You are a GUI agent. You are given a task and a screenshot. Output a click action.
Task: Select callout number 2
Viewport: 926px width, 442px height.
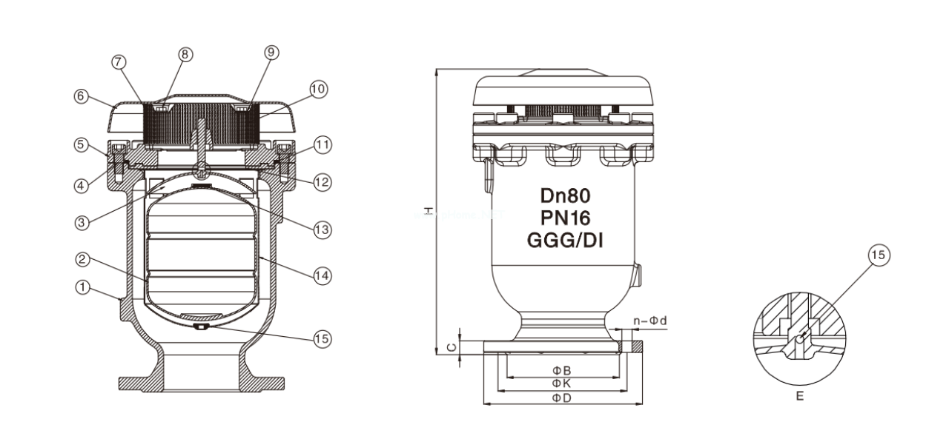tap(84, 260)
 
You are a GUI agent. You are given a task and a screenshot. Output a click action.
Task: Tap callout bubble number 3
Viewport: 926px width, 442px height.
tap(84, 221)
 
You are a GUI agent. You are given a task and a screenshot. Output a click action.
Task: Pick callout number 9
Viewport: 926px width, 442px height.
tap(271, 52)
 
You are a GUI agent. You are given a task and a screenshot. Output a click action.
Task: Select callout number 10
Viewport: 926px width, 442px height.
tap(318, 89)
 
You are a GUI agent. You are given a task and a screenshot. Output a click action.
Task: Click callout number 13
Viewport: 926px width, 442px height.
tap(321, 230)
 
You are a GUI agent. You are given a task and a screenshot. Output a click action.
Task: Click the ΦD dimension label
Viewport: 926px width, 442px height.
tap(560, 398)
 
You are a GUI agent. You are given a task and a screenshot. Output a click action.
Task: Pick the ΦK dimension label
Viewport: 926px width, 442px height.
tap(560, 384)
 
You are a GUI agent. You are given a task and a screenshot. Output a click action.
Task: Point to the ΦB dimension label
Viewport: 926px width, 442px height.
tap(560, 369)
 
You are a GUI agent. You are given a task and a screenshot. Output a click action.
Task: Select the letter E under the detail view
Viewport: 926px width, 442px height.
tap(799, 397)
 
